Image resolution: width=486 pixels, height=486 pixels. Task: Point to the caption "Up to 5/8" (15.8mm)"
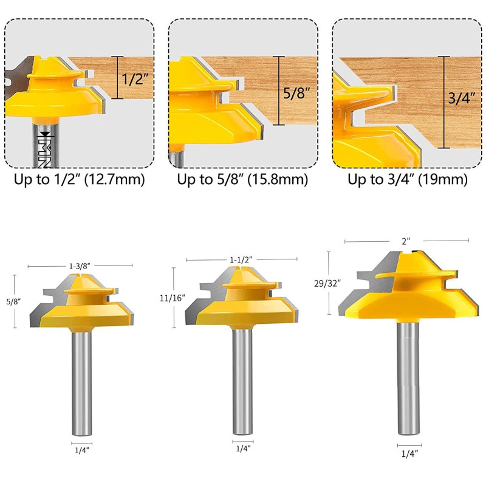click(242, 180)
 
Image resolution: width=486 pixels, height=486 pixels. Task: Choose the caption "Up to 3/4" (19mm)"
click(407, 180)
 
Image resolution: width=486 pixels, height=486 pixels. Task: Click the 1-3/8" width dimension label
click(80, 265)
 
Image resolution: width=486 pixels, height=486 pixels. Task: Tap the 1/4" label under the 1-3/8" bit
click(81, 450)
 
